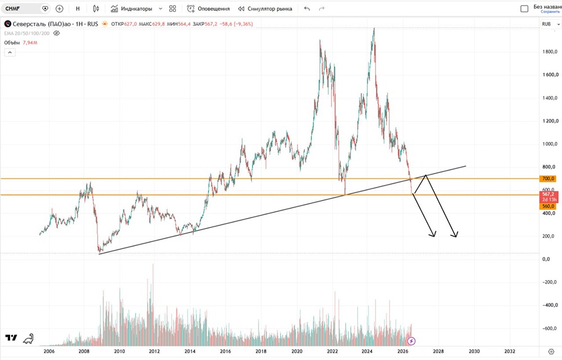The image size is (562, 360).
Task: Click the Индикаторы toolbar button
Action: pos(132,8)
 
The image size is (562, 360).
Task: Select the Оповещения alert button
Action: pos(209,8)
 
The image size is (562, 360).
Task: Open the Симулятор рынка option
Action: pos(265,8)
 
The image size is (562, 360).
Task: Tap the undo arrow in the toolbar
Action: pos(307,8)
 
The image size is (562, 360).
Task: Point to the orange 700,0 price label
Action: pos(548,179)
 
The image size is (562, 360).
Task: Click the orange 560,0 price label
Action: pos(548,206)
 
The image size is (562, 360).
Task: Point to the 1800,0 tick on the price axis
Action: pos(550,52)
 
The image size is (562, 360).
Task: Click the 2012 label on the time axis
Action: pos(154,351)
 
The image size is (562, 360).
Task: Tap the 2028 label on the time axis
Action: pos(438,351)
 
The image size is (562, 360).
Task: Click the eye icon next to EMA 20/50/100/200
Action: pos(56,33)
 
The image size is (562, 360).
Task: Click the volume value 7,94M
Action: pos(30,43)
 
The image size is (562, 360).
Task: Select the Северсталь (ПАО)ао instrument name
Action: pos(42,24)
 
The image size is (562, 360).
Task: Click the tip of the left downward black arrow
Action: pos(434,237)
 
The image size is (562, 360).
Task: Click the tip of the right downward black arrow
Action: pos(456,237)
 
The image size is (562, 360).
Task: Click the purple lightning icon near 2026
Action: pos(411,341)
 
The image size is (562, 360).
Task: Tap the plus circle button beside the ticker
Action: pos(60,8)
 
